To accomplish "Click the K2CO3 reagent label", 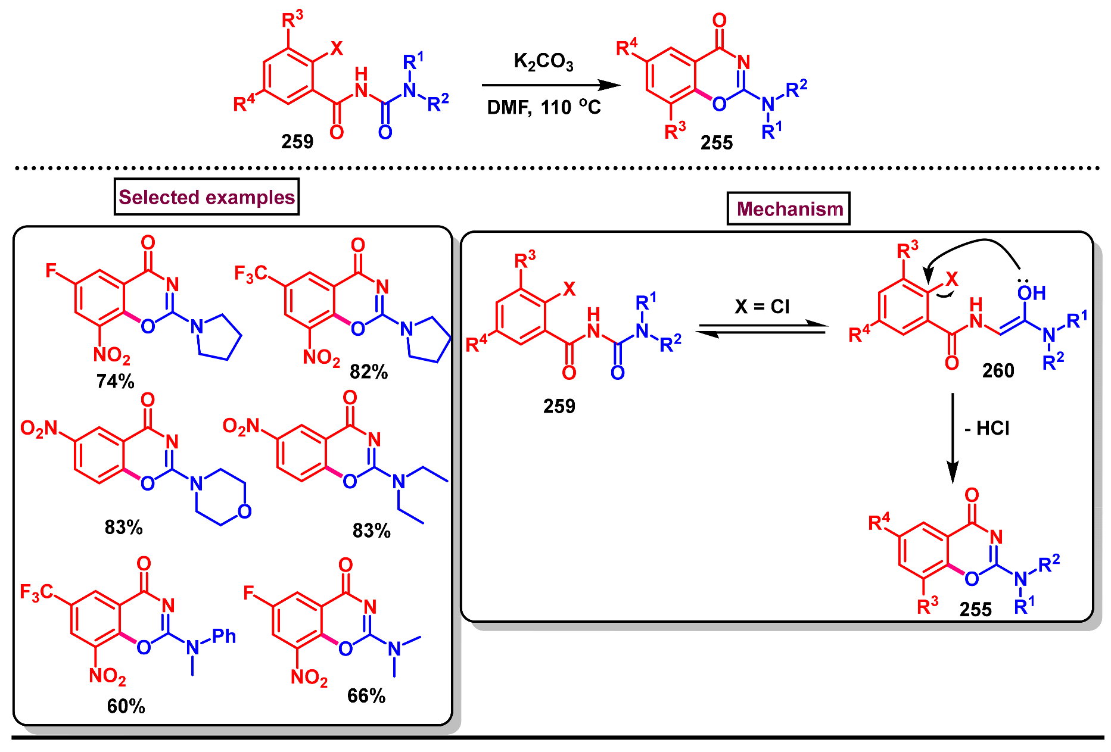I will coord(543,62).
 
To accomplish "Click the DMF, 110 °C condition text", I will coord(543,107).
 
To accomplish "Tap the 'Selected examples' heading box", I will coord(207,197).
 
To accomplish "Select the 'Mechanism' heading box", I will coord(789,209).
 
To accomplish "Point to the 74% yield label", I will coord(115,381).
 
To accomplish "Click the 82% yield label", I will coord(369,372).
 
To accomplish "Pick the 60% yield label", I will coord(126,706).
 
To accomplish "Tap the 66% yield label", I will coord(366,696).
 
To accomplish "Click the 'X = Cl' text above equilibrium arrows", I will coord(762,307).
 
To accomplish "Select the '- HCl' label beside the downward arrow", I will coord(986,429).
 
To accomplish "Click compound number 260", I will coord(998,371).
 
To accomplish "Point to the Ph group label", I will coord(224,636).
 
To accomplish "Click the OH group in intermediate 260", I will coord(1031,293).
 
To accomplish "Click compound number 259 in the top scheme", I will coord(297,142).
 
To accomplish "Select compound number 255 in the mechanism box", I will coord(975,609).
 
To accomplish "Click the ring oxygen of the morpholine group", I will coord(244,511).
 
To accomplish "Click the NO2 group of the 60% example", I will coord(107,676).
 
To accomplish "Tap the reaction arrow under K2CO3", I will coord(551,85).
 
